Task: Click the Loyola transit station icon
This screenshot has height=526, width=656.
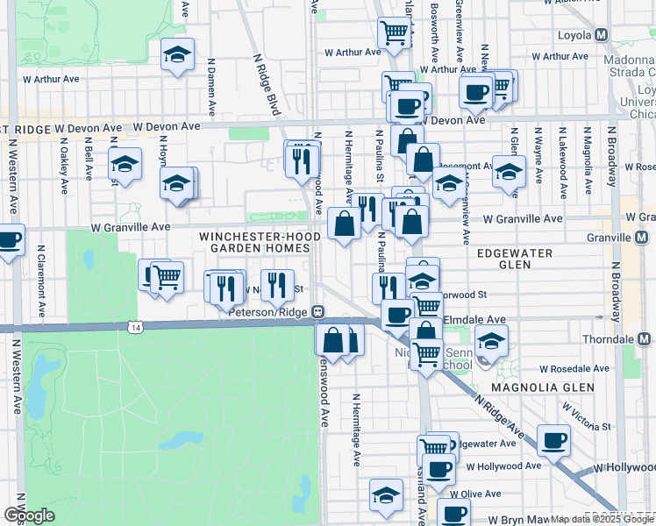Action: [x=602, y=35]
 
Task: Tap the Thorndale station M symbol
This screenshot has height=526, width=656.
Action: [x=645, y=339]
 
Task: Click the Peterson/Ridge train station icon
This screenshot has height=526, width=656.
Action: [x=319, y=311]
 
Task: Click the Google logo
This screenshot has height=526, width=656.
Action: [x=29, y=515]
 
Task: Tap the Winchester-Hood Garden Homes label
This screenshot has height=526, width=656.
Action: [x=255, y=242]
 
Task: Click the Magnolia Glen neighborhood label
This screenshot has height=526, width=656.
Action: [x=543, y=387]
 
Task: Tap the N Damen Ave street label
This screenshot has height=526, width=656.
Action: [x=211, y=87]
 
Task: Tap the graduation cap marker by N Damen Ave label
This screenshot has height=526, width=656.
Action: [x=177, y=55]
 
